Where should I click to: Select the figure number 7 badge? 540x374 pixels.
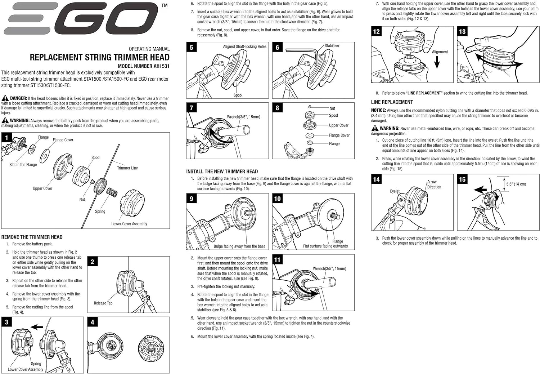tap(192, 108)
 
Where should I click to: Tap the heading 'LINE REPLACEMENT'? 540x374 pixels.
tap(392, 102)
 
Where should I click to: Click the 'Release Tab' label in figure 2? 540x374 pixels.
tap(103, 303)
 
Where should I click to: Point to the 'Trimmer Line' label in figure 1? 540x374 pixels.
tap(127, 168)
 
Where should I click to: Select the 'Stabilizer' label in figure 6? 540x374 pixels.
tap(332, 46)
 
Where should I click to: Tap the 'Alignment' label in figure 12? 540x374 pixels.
tap(440, 52)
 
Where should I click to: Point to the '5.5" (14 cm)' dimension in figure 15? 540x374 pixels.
tap(516, 184)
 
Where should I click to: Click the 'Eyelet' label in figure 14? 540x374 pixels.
tap(395, 191)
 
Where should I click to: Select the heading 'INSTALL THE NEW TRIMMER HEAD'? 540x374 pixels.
tap(222, 172)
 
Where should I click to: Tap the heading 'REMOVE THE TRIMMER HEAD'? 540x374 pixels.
tap(32, 237)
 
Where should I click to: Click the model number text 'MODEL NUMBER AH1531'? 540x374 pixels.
tap(143, 66)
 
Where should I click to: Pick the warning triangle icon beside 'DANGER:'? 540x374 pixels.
tap(5, 98)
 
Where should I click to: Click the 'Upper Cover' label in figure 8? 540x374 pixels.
tap(338, 125)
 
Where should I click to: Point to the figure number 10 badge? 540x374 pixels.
tap(277, 199)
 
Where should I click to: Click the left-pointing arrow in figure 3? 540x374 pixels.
tap(37, 327)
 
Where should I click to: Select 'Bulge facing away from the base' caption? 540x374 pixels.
tap(239, 246)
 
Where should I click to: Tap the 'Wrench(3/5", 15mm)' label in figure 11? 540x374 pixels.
tap(329, 268)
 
